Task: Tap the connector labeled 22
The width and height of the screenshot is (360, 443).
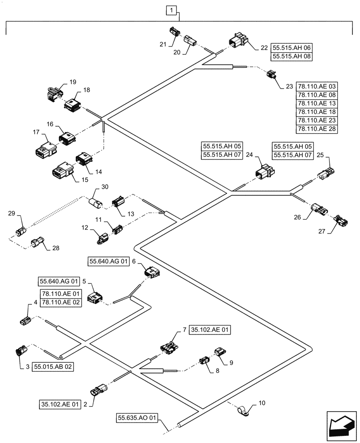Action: [238, 42]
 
